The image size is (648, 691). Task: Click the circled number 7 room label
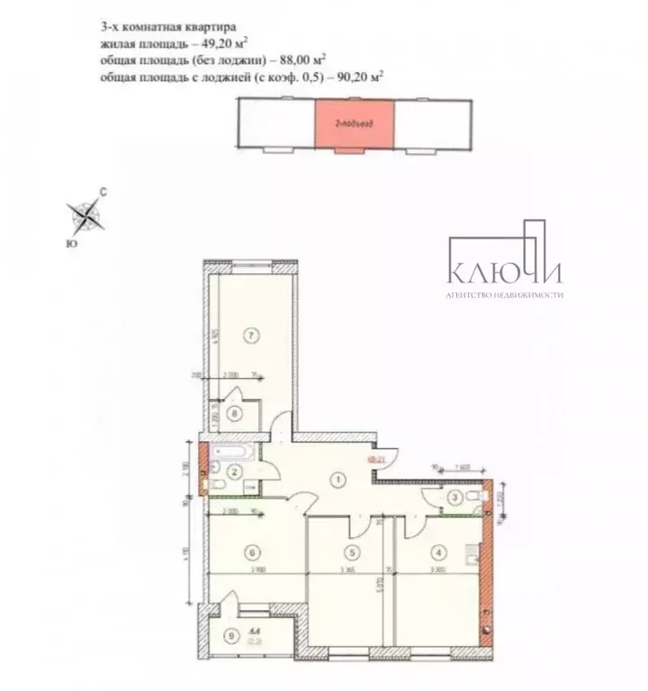click(253, 335)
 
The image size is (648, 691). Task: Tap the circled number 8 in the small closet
click(235, 414)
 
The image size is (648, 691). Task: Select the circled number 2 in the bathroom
click(233, 472)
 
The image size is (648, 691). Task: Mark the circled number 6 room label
click(254, 553)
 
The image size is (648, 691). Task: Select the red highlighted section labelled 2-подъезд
click(354, 126)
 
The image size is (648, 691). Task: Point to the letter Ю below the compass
click(71, 243)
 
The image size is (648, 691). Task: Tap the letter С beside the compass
click(103, 192)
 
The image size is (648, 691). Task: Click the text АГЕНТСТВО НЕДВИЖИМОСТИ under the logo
click(504, 294)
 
